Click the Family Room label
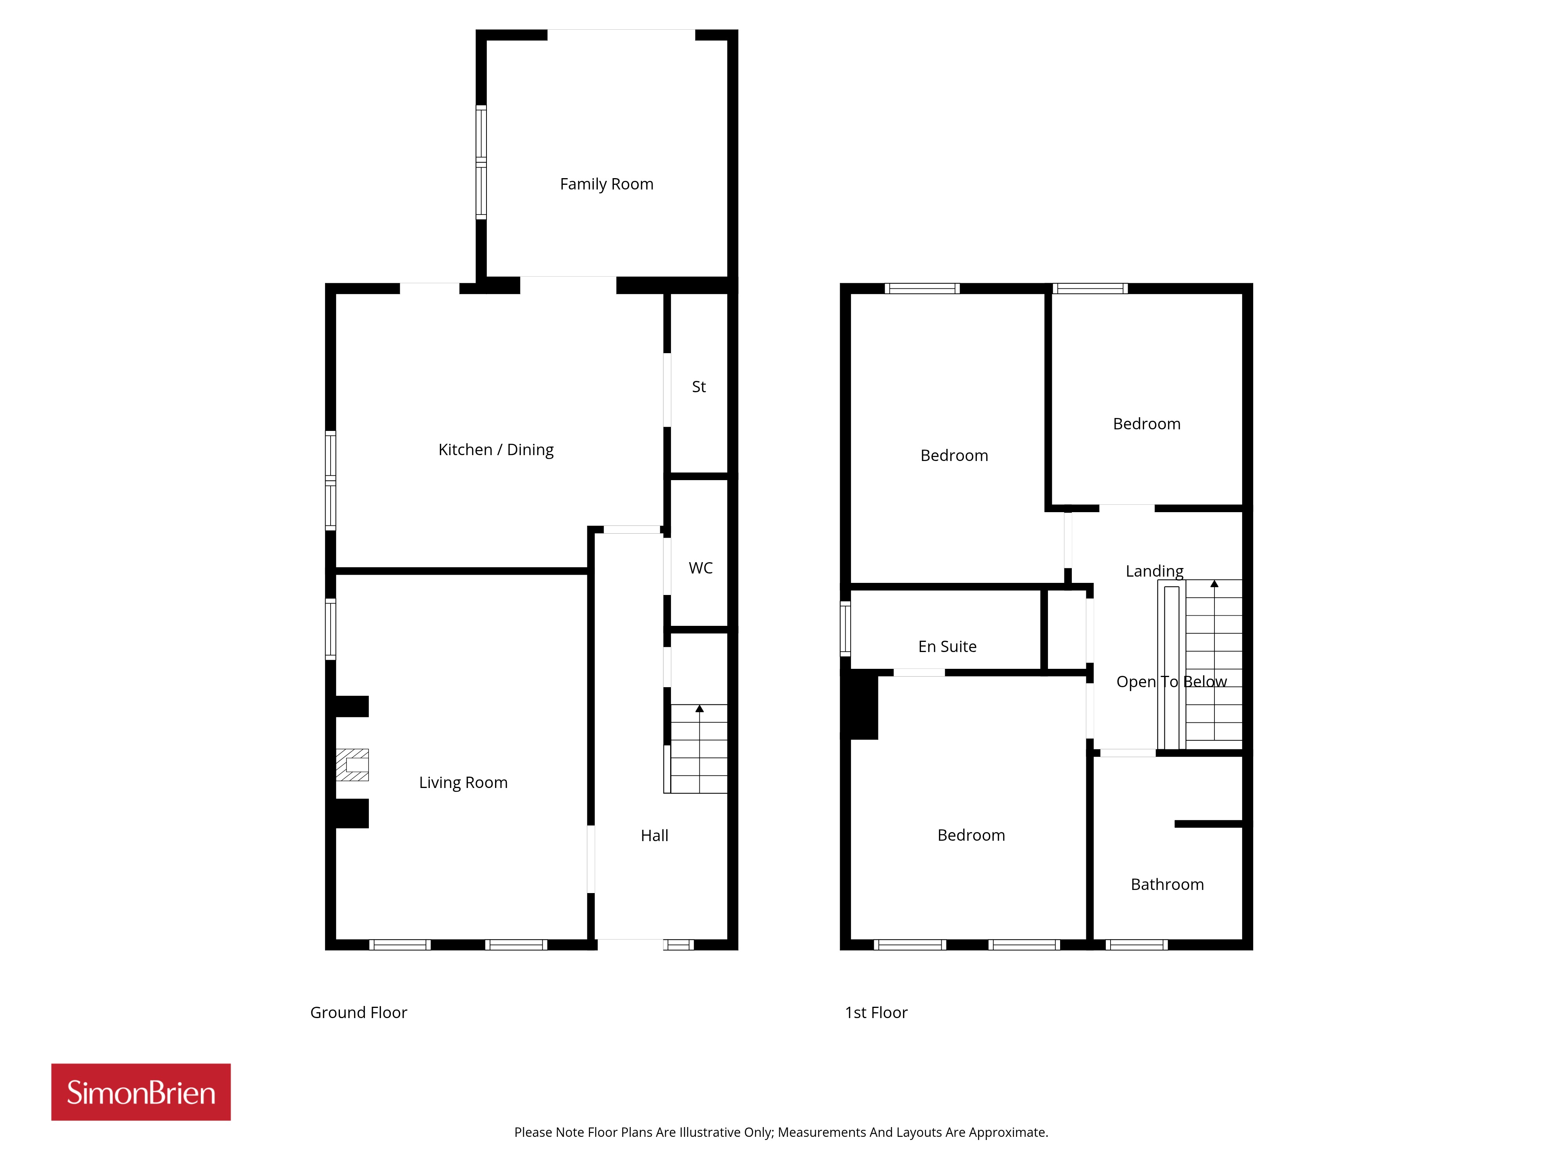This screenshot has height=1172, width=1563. [606, 184]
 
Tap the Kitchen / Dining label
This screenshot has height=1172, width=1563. [496, 450]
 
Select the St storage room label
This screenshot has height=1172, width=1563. [699, 387]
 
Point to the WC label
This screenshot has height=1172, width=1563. [700, 568]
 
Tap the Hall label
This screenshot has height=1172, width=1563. [655, 836]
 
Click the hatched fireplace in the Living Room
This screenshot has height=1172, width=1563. [352, 765]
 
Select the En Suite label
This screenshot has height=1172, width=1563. [948, 647]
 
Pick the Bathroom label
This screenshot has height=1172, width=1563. [1167, 884]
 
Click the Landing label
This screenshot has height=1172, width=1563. [1155, 571]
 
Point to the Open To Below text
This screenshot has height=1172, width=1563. [1171, 682]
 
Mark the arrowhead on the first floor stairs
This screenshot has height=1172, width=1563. [1214, 584]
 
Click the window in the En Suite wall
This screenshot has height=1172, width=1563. [845, 628]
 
